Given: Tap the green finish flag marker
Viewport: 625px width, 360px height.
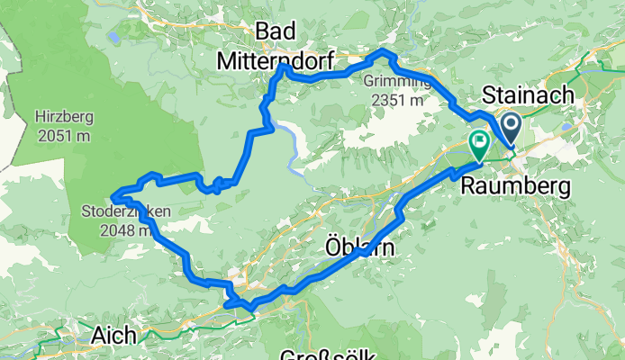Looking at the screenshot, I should [x=478, y=142].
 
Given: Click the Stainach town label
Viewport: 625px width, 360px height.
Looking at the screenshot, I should [x=525, y=94].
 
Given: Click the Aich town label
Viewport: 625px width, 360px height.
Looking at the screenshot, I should [x=114, y=336].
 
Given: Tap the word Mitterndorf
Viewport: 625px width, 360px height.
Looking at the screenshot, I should [x=276, y=60].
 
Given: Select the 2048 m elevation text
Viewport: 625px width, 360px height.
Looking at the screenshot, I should [x=124, y=230].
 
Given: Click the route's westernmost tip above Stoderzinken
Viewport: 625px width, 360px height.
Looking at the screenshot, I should [x=112, y=194].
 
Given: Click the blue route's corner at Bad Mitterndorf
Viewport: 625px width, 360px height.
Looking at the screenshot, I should [x=282, y=67].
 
